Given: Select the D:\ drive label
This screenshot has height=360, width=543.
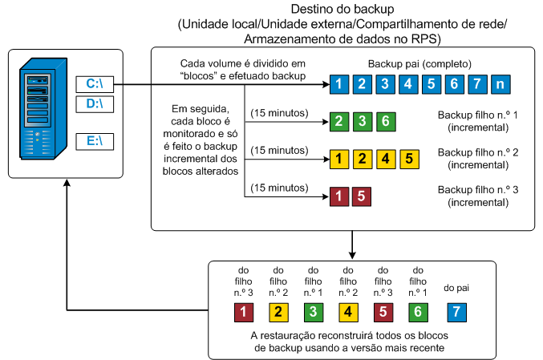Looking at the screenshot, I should pos(95,103).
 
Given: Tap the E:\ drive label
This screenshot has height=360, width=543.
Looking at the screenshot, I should pos(95,142).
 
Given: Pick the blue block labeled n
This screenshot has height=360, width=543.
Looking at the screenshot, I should pos(500,83).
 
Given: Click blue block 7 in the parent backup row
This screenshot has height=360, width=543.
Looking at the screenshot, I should pos(476,83).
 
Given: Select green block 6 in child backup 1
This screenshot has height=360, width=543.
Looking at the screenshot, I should pos(385,123).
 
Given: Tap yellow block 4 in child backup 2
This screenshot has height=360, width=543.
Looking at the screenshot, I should pos(385,158).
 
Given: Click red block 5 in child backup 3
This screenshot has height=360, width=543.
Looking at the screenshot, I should pos(362,195).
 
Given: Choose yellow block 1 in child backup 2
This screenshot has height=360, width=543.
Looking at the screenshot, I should pos(339,158).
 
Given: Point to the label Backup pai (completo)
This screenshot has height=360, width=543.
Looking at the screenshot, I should pos(419,63).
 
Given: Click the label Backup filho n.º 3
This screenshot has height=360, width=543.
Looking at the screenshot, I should pos(474,189).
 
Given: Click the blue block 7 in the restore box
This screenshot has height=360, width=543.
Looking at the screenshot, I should pos(456,311).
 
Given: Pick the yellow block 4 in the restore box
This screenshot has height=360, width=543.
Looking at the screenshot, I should pos(348,311).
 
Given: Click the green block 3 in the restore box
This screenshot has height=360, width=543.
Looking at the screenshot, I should pos(313,311).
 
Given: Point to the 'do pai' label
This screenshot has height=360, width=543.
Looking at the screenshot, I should pos(456,287).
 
